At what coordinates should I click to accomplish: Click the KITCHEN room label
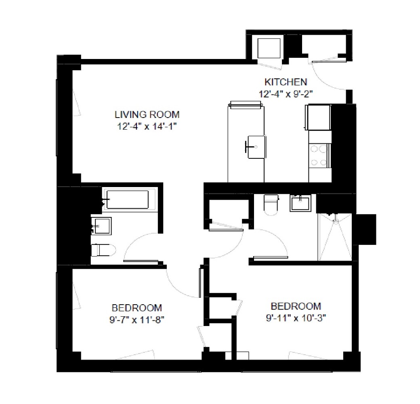coord(286,82)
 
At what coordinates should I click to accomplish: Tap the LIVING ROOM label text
coord(147,115)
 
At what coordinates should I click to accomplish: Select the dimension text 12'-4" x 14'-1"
coord(147,126)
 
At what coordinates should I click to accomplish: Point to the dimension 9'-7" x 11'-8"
coord(137,320)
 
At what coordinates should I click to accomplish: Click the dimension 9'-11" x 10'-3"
coord(296,318)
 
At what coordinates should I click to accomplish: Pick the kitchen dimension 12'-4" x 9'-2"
coord(286,94)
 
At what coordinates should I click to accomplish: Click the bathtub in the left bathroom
coord(127,199)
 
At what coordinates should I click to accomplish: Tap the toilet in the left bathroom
coord(103,250)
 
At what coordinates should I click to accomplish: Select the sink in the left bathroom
coord(101,226)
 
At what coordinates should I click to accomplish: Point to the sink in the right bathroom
coord(300,203)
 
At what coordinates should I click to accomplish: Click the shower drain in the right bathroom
coord(336,221)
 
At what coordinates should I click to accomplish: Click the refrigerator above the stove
coord(318,117)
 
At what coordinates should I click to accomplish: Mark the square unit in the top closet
coord(269,48)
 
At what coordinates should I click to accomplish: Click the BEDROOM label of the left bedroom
coord(137,308)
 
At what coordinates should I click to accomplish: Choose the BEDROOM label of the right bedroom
coord(296,306)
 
